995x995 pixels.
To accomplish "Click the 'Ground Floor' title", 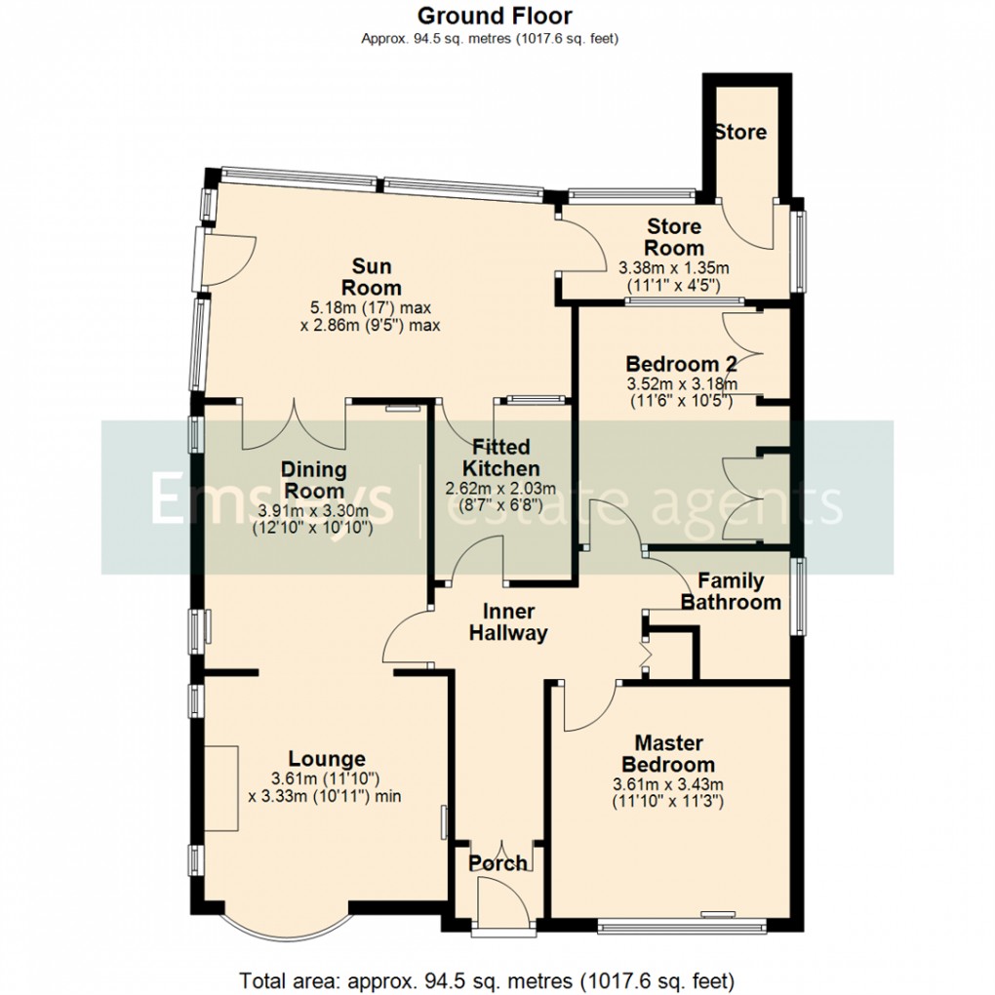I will pyautogui.click(x=495, y=16).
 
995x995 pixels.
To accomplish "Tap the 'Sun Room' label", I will pyautogui.click(x=377, y=276).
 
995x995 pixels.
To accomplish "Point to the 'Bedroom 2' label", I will pyautogui.click(x=681, y=365).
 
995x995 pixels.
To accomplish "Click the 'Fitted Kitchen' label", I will pyautogui.click(x=501, y=458).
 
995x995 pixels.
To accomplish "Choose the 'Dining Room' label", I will pyautogui.click(x=313, y=480).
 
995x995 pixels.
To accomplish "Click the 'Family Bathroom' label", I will pyautogui.click(x=731, y=592).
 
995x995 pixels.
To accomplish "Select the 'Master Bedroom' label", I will pyautogui.click(x=668, y=754).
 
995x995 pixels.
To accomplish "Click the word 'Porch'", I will pyautogui.click(x=497, y=863).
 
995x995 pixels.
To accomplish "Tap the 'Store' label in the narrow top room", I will pyautogui.click(x=739, y=132).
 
